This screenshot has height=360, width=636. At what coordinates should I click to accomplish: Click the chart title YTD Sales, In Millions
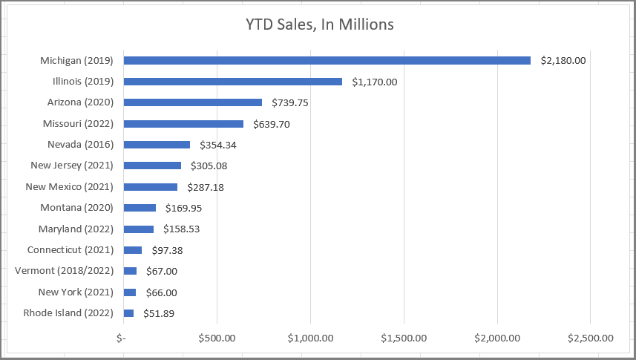319,25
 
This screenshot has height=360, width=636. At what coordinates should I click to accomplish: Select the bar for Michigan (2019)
327,60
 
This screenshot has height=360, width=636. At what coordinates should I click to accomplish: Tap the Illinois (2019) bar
232,82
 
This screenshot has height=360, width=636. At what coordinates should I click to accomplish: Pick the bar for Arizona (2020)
192,102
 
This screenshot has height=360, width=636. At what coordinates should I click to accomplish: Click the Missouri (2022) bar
183,124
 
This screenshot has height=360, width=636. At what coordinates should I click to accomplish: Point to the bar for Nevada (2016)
157,145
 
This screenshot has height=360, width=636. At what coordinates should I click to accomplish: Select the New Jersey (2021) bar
152,166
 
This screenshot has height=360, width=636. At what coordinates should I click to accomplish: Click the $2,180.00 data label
563,60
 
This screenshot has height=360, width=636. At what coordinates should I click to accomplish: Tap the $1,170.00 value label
375,82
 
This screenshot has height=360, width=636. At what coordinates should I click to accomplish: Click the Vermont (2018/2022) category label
64,271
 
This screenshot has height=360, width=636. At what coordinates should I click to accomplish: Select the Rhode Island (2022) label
68,313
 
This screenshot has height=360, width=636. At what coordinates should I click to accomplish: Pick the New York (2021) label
76,292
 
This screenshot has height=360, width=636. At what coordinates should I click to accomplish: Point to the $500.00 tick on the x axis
217,338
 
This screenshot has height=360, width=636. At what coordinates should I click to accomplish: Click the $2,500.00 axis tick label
590,338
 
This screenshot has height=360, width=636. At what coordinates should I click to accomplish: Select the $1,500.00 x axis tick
404,338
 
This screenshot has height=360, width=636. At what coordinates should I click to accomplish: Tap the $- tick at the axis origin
122,338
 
